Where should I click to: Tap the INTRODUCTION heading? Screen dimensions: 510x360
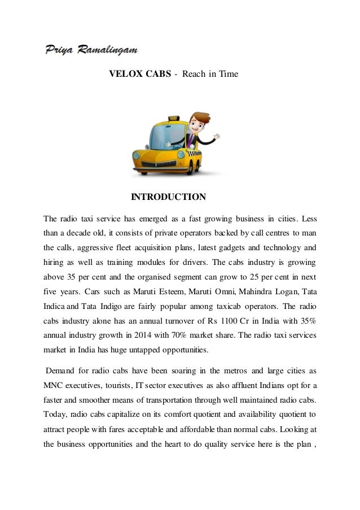(168, 197)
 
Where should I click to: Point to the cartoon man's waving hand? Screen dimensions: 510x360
(216, 136)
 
